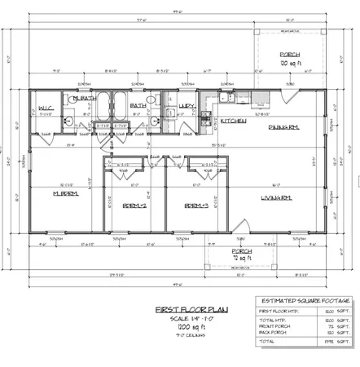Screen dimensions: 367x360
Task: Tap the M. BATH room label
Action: tap(84, 98)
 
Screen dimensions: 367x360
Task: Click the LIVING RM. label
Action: tap(276, 197)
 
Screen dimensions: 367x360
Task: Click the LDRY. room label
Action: tap(187, 105)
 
